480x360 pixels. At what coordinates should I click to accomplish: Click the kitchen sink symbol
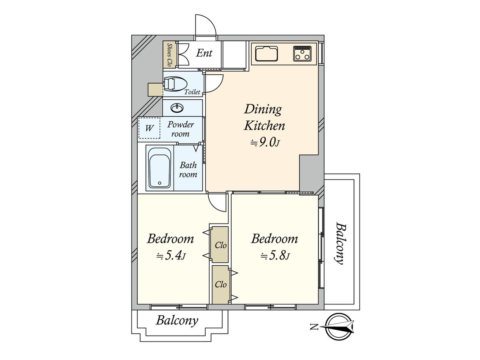point(267,54)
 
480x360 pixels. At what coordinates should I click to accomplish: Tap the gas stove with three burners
point(302,53)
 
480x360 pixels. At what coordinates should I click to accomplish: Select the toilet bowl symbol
point(175,84)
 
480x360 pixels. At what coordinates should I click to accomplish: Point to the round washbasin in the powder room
point(177,108)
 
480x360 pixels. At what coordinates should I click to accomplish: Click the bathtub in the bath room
point(160,168)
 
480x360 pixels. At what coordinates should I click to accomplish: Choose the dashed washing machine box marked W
point(150,128)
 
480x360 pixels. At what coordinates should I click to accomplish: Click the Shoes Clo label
point(169,55)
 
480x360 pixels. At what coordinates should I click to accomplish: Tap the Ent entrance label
point(204,53)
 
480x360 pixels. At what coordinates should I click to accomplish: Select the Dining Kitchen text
point(264,118)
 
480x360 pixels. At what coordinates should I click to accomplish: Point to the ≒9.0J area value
point(265,143)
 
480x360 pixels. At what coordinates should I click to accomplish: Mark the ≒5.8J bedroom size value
point(275,256)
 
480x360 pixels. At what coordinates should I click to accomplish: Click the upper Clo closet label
point(220,245)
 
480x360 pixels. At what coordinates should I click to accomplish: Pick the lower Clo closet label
point(220,284)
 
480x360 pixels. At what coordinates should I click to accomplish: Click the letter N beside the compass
point(314,327)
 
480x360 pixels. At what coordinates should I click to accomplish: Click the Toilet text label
point(192,92)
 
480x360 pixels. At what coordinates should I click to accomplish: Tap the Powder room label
point(181,129)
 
